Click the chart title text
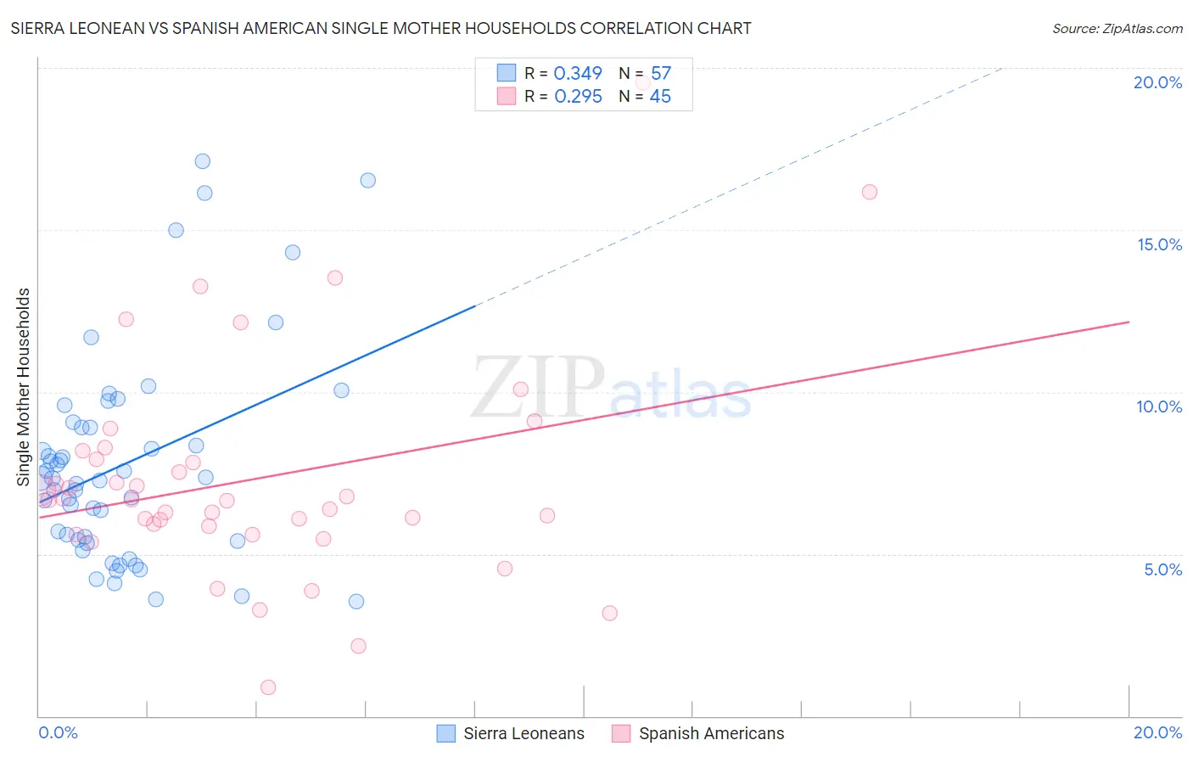pyautogui.click(x=380, y=28)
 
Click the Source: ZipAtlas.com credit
pyautogui.click(x=1117, y=28)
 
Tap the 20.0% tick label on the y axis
pyautogui.click(x=1157, y=82)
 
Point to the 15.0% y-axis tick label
pyautogui.click(x=1159, y=244)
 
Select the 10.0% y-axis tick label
pyautogui.click(x=1159, y=407)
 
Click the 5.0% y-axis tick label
pyautogui.click(x=1162, y=569)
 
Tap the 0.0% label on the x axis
pyautogui.click(x=58, y=732)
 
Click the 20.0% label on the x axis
pyautogui.click(x=1157, y=732)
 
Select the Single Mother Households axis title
pyautogui.click(x=23, y=387)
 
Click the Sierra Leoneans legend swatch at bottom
pyautogui.click(x=446, y=733)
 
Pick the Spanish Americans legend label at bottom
pyautogui.click(x=711, y=733)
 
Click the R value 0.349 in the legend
pyautogui.click(x=578, y=73)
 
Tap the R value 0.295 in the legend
pyautogui.click(x=578, y=97)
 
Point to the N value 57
pyautogui.click(x=660, y=73)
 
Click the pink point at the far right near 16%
pyautogui.click(x=869, y=192)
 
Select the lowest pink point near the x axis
pyautogui.click(x=268, y=687)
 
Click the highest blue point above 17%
pyautogui.click(x=202, y=161)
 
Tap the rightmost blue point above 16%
pyautogui.click(x=367, y=180)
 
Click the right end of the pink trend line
pyautogui.click(x=1129, y=322)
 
